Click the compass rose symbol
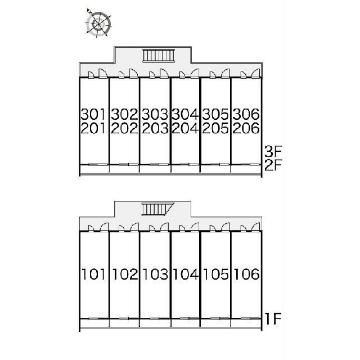pyautogui.click(x=98, y=24)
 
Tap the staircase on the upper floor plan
pyautogui.click(x=159, y=56)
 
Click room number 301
pyautogui.click(x=93, y=114)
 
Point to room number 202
pyautogui.click(x=124, y=128)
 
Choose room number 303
pyautogui.click(x=155, y=114)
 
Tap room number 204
pyautogui.click(x=185, y=128)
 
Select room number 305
pyautogui.click(x=215, y=114)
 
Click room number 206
pyautogui.click(x=246, y=128)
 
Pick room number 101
pyautogui.click(x=93, y=274)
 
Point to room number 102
pyautogui.click(x=125, y=274)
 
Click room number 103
pyautogui.click(x=155, y=274)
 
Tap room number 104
pyautogui.click(x=186, y=274)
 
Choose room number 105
pyautogui.click(x=216, y=274)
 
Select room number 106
pyautogui.click(x=246, y=274)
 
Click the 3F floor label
pyautogui.click(x=273, y=151)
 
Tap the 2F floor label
pyautogui.click(x=273, y=165)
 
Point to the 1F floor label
pyautogui.click(x=273, y=319)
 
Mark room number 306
pyautogui.click(x=246, y=114)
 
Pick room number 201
pyautogui.click(x=93, y=128)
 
